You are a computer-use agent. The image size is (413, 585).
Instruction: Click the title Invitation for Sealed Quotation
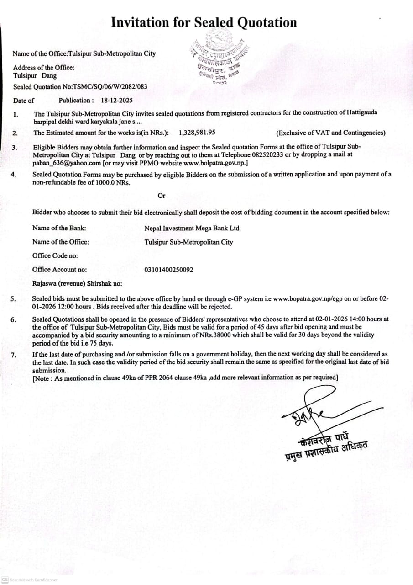[204, 22]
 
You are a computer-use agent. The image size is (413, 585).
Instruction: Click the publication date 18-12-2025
[117, 100]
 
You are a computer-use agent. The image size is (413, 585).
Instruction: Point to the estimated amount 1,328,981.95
[197, 133]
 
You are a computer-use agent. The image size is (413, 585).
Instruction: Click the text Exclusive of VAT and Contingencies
[331, 133]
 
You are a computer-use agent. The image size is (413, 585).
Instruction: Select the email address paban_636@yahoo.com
[67, 163]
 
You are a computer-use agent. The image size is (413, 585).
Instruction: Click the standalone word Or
[162, 196]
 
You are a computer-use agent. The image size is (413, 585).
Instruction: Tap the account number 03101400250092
[168, 270]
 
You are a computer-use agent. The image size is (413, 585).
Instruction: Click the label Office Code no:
[55, 256]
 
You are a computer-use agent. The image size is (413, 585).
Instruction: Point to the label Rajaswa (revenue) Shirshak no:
[77, 283]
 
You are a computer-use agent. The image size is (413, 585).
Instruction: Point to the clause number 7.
[14, 355]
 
